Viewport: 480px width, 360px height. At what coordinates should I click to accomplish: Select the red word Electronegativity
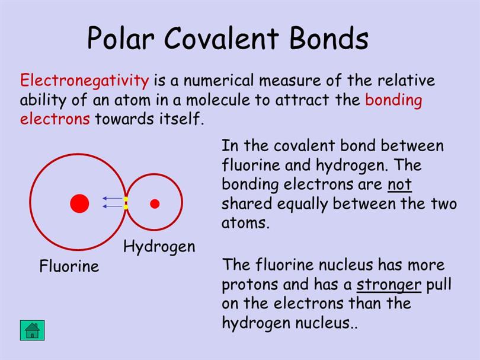click(85, 81)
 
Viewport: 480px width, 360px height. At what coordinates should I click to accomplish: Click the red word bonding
click(393, 100)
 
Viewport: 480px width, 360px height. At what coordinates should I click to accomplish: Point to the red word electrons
click(55, 119)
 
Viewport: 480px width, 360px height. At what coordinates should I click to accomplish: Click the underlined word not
click(399, 184)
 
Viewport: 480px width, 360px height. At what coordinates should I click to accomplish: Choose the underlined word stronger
click(389, 285)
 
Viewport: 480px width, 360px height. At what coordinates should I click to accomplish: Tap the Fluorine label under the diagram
click(69, 266)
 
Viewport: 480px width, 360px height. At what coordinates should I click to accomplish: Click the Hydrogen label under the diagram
click(159, 247)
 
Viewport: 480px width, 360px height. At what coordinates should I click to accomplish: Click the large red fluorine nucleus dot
click(79, 203)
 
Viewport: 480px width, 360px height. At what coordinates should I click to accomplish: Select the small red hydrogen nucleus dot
click(155, 203)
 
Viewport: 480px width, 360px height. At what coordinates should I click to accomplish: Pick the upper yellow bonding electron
click(126, 199)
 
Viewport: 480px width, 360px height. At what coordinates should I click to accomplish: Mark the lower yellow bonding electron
click(126, 207)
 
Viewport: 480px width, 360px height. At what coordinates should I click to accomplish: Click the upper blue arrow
click(113, 198)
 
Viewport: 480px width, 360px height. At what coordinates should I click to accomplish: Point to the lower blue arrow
click(113, 206)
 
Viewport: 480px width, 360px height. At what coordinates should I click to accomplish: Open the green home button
click(33, 330)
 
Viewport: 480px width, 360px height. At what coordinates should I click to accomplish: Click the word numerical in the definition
click(219, 81)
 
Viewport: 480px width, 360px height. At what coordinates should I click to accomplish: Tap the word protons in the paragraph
click(250, 285)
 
